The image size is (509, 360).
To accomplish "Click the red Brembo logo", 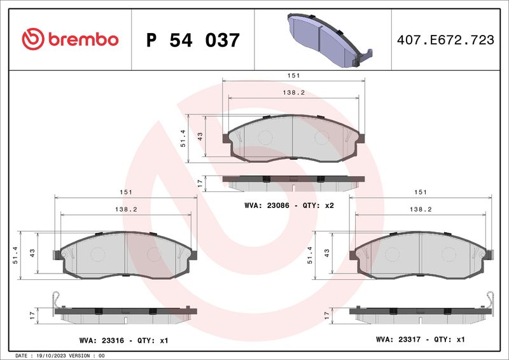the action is (70, 39).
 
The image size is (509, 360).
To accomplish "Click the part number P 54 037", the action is (193, 40).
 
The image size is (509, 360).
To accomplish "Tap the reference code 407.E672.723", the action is (445, 39).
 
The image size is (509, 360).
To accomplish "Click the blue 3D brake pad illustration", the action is (330, 40).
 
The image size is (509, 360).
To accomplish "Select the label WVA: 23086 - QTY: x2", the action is (289, 205).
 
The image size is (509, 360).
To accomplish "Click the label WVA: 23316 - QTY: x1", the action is (123, 340).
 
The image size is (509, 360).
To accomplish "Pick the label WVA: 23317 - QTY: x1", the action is (421, 340).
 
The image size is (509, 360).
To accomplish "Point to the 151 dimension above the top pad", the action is (293, 75).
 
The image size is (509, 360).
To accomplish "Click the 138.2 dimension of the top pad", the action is (293, 92).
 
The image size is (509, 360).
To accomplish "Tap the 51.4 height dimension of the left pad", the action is (15, 255).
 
